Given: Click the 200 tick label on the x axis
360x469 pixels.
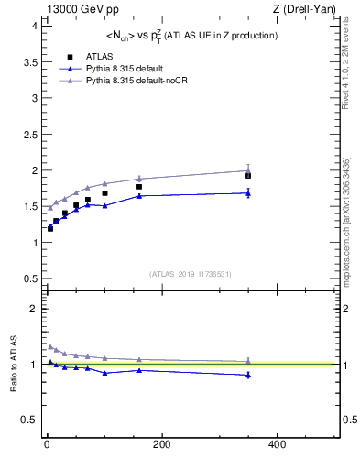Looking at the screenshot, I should coord(161,444).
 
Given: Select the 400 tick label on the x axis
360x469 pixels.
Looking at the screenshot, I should coord(277,444).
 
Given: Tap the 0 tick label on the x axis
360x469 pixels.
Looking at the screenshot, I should coord(46,444).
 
